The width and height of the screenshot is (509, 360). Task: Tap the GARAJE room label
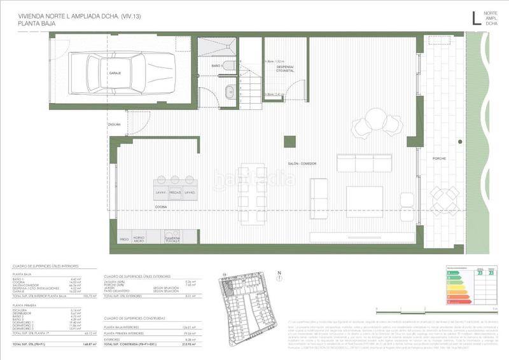coord(115,73)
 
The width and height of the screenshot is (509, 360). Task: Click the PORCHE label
coord(439,158)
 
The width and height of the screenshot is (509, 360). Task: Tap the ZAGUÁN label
coord(114,124)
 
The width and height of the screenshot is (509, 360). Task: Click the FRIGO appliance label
coord(124,239)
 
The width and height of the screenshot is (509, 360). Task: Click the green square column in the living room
coord(289,141)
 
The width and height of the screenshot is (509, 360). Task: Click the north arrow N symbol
coord(279,275)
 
